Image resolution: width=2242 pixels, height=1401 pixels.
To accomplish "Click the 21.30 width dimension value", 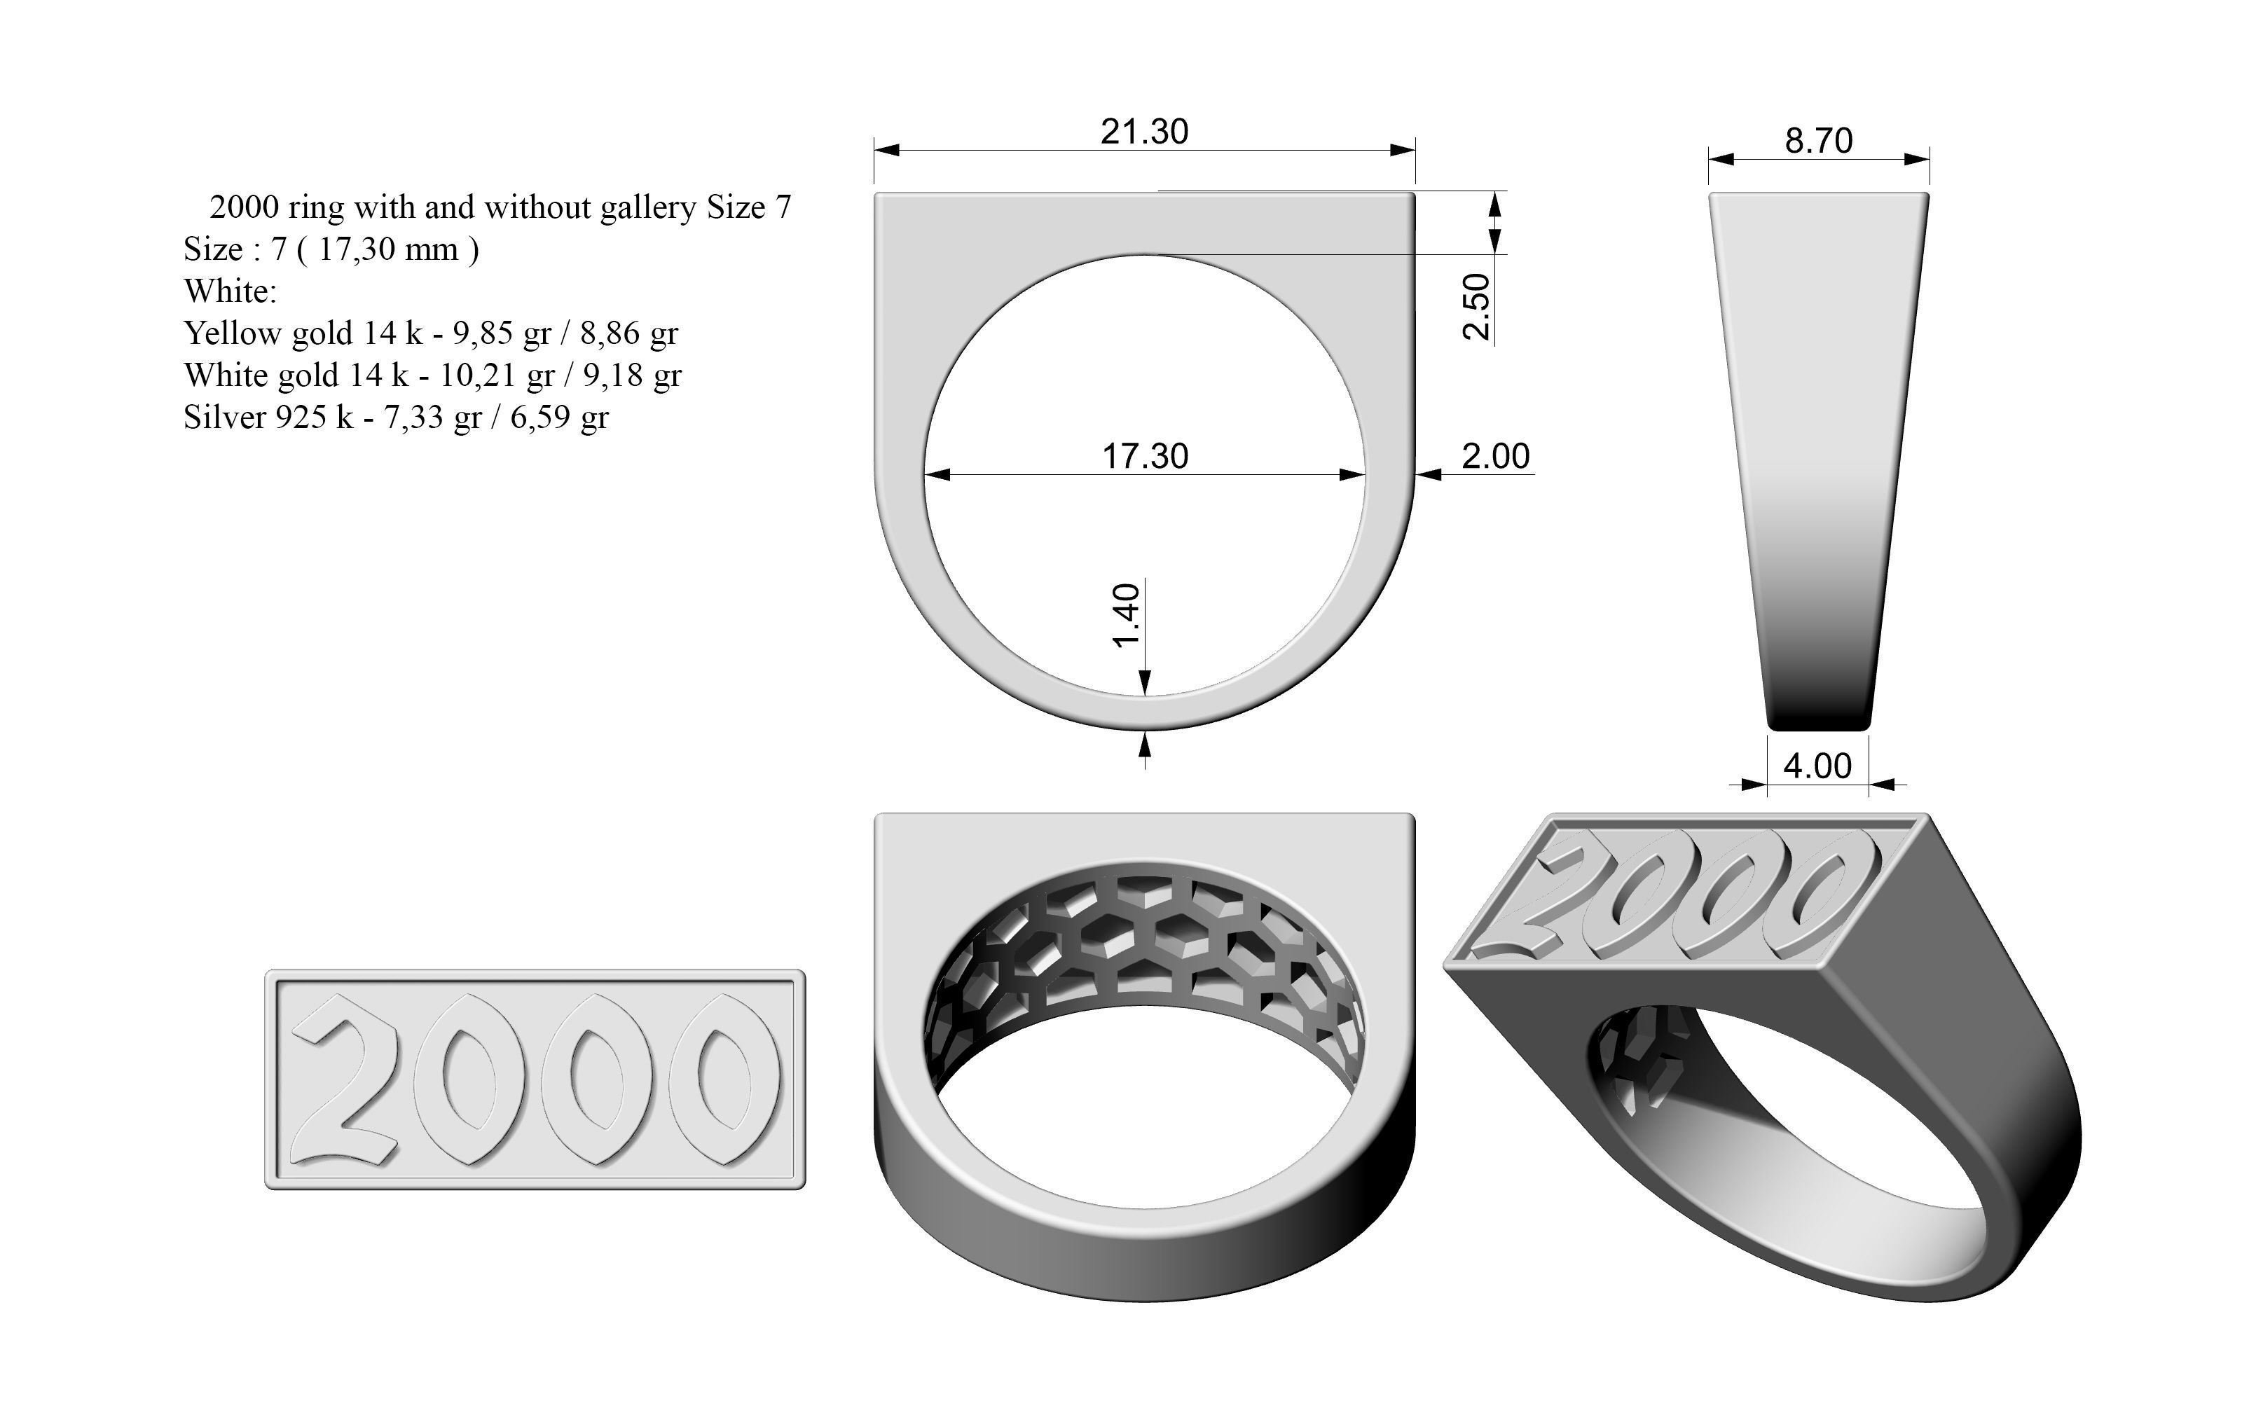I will click(x=1144, y=132).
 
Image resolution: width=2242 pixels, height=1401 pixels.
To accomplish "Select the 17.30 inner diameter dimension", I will click(x=1145, y=457).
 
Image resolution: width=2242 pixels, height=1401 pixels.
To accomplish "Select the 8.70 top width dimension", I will click(x=1819, y=142).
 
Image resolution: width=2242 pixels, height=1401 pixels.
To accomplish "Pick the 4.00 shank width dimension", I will click(x=1817, y=767).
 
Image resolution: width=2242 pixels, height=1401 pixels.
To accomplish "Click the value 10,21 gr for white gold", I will click(x=497, y=375).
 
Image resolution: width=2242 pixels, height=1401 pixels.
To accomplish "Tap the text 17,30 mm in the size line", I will click(x=388, y=249).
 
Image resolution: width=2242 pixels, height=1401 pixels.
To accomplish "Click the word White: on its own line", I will click(x=230, y=291).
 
